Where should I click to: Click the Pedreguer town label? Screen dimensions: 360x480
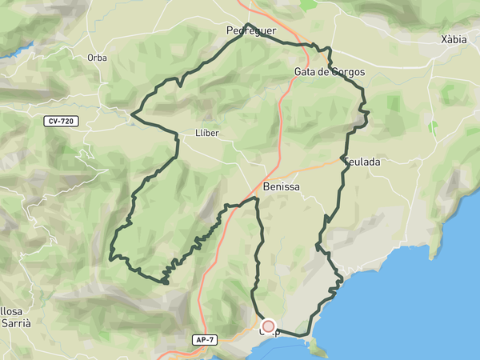pos(251,31)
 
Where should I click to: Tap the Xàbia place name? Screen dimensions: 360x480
pos(454,39)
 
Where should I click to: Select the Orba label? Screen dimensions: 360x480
pos(97,58)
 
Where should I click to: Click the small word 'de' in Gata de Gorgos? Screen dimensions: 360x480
pos(325,72)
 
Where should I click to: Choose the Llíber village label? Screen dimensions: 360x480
pos(206,133)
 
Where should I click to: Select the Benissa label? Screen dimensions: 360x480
pos(281,186)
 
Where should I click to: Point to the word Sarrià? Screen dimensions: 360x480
pos(15,323)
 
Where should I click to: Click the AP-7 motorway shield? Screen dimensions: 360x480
pos(205,340)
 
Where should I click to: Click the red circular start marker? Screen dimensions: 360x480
pos(269,326)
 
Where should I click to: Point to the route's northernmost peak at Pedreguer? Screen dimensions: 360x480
pos(247,24)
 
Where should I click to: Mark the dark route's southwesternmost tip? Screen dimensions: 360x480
pos(164,282)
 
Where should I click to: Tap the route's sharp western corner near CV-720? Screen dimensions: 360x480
pos(131,117)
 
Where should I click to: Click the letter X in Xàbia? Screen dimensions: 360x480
pos(444,39)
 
